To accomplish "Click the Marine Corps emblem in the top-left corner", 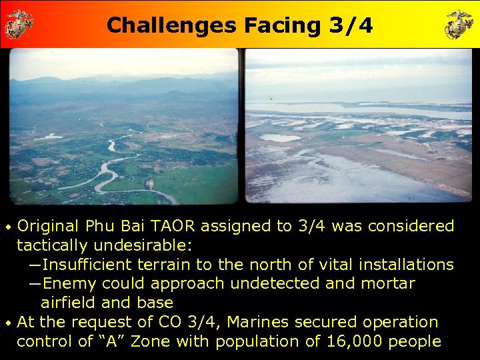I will [19, 23].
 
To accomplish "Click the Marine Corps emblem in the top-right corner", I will [459, 23].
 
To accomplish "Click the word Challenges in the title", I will [171, 25].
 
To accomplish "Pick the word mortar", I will [387, 284].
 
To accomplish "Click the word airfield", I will [67, 303].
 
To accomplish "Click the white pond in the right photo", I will [279, 138].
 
